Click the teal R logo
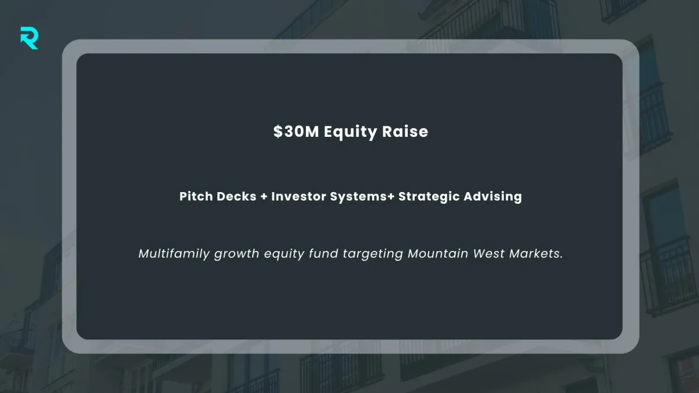(29, 38)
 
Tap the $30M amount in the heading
(296, 132)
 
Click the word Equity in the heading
(351, 132)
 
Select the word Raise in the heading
(405, 132)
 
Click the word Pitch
(196, 196)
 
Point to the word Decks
(236, 196)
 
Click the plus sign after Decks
(264, 197)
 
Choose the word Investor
(299, 196)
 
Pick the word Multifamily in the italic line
(174, 254)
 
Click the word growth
(236, 254)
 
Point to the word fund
(324, 253)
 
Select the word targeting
(373, 254)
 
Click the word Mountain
(438, 253)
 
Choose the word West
(489, 253)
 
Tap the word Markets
(534, 253)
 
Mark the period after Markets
(561, 257)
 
